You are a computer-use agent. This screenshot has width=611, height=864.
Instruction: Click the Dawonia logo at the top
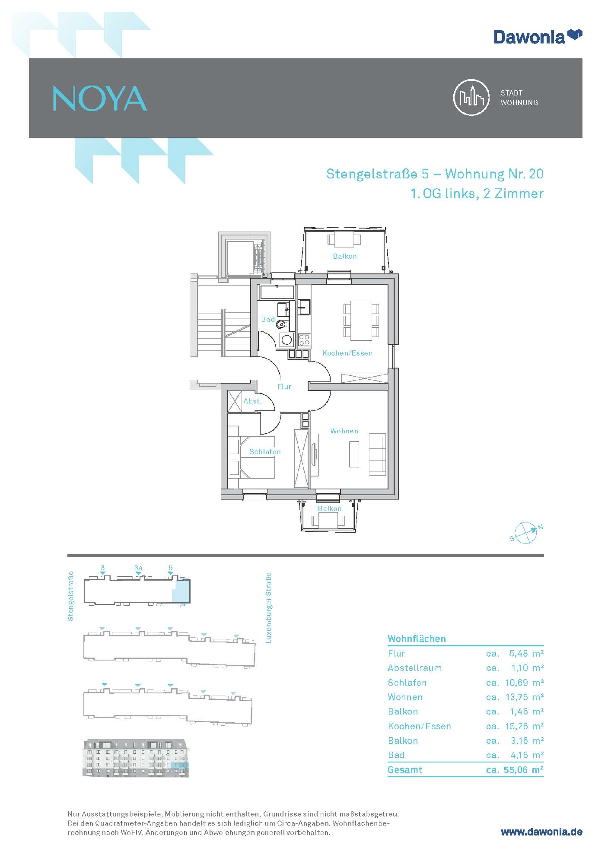point(538,37)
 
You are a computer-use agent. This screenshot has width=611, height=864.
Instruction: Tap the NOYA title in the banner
point(100,98)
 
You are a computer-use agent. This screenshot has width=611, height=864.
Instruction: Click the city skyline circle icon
point(471,97)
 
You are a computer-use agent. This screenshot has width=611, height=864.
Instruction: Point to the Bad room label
point(268,319)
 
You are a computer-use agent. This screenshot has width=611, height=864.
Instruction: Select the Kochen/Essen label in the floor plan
point(347,353)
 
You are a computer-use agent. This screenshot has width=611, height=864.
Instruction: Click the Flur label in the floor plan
point(284,387)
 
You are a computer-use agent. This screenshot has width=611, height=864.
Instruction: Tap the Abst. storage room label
point(252,401)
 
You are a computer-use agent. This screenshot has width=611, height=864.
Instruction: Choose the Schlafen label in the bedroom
point(265,451)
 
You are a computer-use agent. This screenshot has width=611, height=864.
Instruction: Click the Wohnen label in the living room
point(344,431)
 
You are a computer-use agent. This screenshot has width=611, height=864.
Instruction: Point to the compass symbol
point(526,533)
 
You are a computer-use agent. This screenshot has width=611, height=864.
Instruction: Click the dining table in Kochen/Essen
point(361,321)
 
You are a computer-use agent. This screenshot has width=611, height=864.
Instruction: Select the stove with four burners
point(304,340)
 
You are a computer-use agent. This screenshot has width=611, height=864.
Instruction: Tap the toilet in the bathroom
point(282,324)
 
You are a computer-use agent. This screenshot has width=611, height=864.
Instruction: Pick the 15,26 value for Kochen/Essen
point(516,726)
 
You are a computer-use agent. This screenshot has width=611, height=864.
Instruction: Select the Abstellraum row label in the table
point(414,668)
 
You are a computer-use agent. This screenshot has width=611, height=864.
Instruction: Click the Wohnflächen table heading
point(417,638)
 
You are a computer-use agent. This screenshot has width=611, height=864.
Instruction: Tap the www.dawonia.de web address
point(541,832)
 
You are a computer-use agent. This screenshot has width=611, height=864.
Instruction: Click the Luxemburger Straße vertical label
point(268,608)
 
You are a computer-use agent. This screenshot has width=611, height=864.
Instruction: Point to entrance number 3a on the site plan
point(138,568)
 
